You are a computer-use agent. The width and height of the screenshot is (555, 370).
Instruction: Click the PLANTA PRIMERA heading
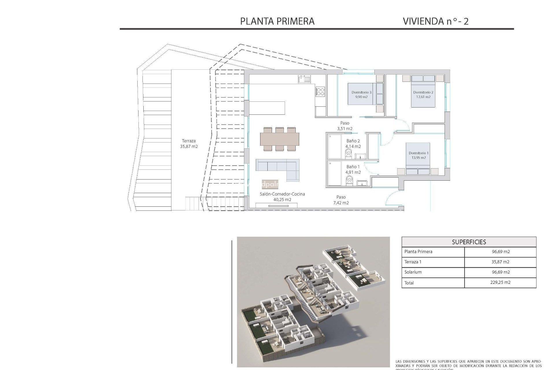pos(277,21)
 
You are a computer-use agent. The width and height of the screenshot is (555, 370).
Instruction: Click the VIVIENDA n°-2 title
pos(435,21)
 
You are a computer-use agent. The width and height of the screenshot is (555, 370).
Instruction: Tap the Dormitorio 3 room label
pos(361,95)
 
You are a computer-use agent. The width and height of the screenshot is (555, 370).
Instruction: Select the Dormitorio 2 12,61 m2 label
pos(423,95)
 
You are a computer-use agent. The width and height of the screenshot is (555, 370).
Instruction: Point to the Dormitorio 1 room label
pos(419,155)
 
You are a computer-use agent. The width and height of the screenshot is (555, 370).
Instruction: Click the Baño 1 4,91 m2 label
pos(353,169)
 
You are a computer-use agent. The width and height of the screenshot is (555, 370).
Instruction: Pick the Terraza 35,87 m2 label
pos(189,144)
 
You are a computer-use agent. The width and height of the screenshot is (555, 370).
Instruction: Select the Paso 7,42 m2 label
pos(341,200)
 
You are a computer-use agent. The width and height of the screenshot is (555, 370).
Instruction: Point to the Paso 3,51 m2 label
pos(345,126)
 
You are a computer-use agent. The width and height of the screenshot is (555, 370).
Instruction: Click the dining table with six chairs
pos(279,139)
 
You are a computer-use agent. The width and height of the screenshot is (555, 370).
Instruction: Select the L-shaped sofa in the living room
pos(277,168)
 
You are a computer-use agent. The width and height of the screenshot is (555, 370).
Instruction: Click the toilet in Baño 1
pos(350,180)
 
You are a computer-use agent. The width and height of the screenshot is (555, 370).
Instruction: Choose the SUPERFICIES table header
pos(469,242)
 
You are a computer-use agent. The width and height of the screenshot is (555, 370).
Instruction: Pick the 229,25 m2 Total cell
pos(500,282)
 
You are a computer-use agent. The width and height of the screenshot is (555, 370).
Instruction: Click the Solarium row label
pos(413,272)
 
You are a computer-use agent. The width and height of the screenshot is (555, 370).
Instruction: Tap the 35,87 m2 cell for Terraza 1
pos(500,262)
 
